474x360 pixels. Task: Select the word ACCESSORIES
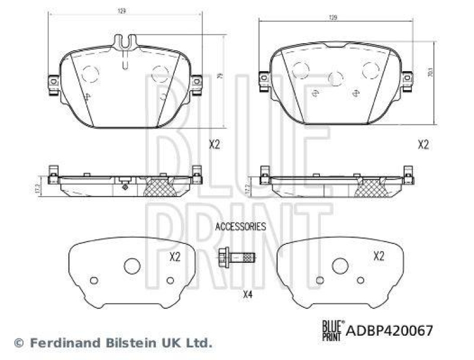(240, 226)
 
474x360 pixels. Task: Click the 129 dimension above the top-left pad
(121, 11)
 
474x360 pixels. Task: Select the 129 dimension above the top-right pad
(333, 18)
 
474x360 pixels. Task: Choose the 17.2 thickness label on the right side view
(248, 189)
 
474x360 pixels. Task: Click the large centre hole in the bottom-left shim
(132, 266)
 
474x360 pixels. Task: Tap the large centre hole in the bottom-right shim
(340, 266)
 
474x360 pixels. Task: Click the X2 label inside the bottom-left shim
(174, 256)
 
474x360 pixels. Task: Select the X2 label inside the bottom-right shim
(379, 256)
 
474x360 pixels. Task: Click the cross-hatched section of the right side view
(370, 188)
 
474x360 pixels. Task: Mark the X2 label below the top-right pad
(423, 144)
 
